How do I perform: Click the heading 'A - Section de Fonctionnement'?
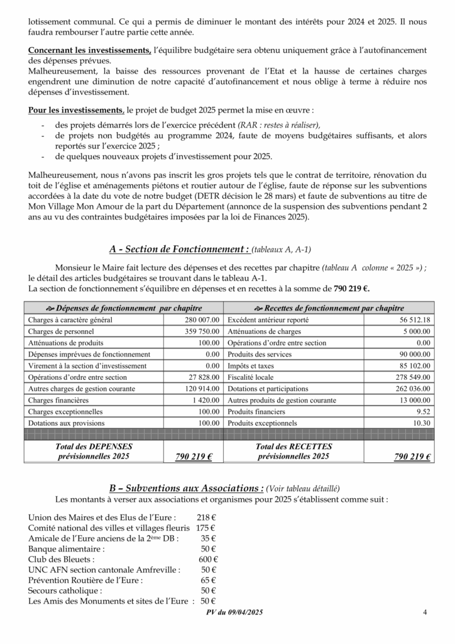(177, 249)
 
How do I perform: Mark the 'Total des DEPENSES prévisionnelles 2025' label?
(93, 451)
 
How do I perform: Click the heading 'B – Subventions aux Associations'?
(186, 488)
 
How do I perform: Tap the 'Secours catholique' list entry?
(66, 591)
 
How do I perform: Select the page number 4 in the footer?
(425, 614)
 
